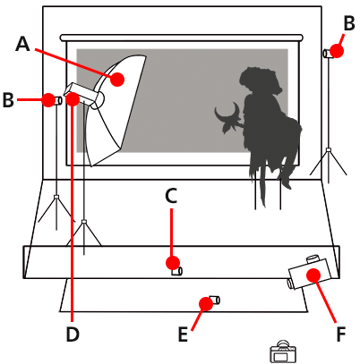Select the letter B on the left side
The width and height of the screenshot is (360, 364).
tap(9, 100)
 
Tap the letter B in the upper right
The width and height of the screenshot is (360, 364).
tap(347, 23)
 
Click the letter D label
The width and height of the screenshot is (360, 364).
tap(73, 334)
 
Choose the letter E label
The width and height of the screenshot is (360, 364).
tap(184, 334)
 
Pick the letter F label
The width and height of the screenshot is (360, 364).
tap(340, 334)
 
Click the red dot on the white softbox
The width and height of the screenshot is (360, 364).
tap(118, 78)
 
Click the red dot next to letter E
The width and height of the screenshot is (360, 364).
tap(205, 304)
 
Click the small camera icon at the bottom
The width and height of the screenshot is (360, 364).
tap(283, 351)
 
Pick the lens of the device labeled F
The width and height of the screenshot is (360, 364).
tap(291, 283)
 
